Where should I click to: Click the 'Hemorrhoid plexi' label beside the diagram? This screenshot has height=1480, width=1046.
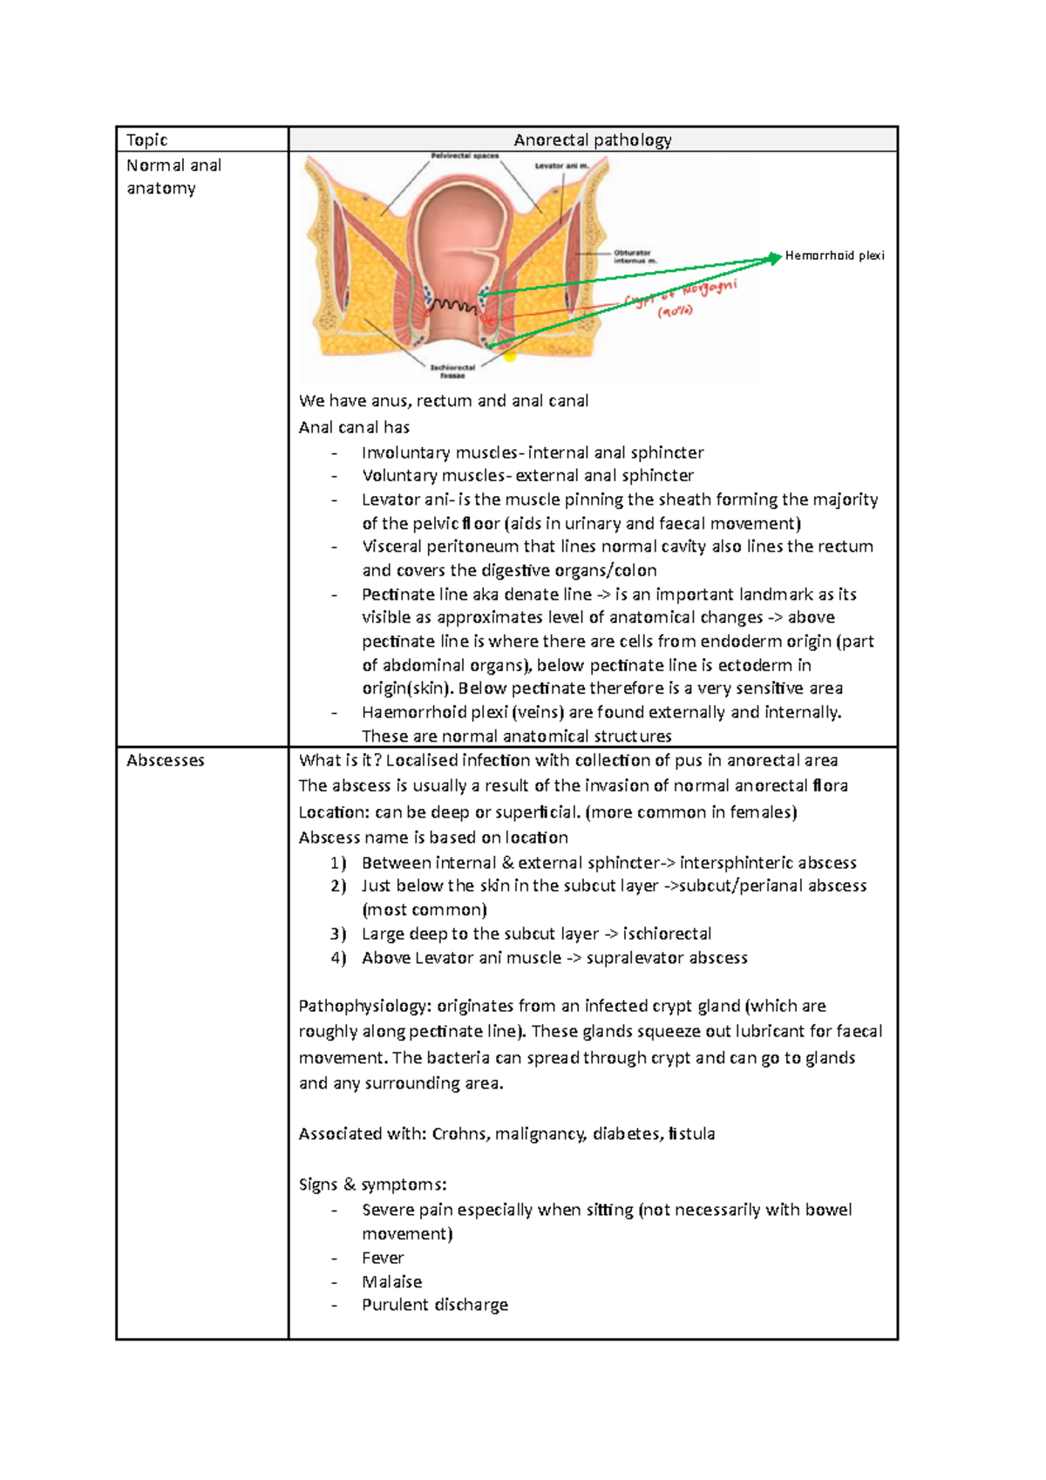tap(834, 255)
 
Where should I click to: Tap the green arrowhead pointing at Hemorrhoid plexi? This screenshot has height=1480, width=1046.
tap(775, 257)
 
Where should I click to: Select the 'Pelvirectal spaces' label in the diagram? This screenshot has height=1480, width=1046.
tap(465, 156)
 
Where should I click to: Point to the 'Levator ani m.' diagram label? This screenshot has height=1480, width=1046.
tap(562, 166)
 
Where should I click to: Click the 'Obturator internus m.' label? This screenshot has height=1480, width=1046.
tap(634, 256)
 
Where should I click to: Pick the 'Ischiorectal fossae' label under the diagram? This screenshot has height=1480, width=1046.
tap(452, 371)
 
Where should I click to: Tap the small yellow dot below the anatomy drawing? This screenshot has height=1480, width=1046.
tap(511, 356)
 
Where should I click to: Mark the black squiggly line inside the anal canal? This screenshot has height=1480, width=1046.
tap(453, 305)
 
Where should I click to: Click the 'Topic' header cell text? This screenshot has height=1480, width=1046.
tap(146, 139)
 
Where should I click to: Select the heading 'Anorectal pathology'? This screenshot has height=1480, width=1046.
tap(593, 139)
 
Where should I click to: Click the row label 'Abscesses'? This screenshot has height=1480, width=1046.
tap(166, 760)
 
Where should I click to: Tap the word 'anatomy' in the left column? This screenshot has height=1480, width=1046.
tap(161, 188)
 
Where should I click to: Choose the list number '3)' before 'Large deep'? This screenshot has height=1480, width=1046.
tap(338, 933)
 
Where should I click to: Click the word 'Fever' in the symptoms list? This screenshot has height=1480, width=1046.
tap(383, 1258)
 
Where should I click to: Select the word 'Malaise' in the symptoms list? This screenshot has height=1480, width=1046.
tap(391, 1281)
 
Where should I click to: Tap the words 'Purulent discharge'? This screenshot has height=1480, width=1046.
tap(435, 1305)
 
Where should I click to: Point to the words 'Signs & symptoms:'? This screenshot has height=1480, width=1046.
tap(372, 1185)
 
